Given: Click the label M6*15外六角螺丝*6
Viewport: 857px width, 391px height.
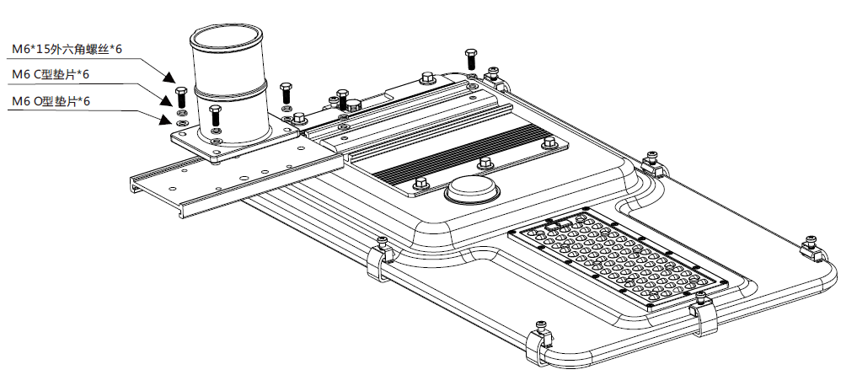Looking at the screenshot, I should coord(67,50).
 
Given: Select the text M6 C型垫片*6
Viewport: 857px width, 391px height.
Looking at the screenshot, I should coord(51,75).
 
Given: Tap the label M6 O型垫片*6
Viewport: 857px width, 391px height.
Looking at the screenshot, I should coord(51,101).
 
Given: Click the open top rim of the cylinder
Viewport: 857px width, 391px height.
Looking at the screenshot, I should coord(226,36).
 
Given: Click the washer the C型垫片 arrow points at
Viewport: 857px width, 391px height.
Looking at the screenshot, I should coord(179,111).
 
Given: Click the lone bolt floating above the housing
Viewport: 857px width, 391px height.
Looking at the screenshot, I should coord(470,60).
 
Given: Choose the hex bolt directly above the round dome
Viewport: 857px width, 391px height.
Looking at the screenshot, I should coord(484,163).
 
